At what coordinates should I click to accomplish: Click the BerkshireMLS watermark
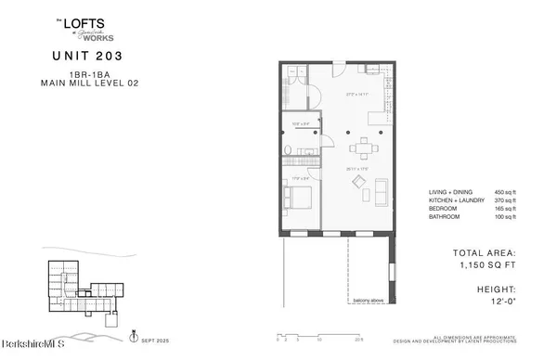pos(32,350)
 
